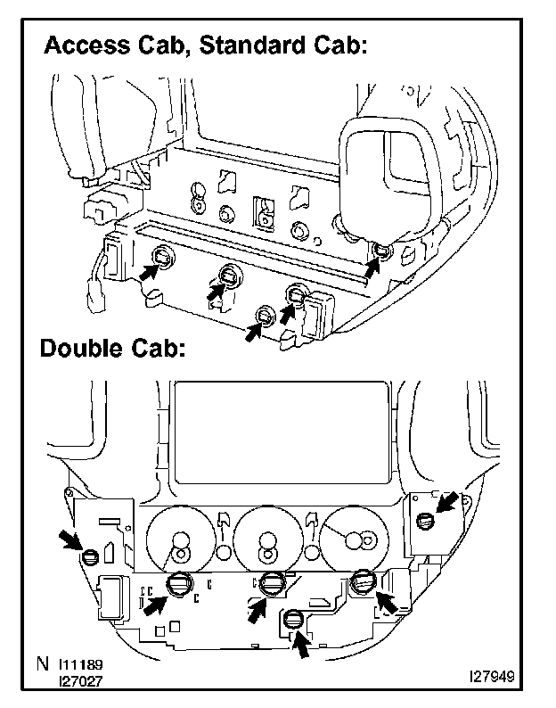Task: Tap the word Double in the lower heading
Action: click(x=81, y=348)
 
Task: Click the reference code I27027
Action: click(x=83, y=681)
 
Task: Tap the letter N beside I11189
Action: click(x=44, y=665)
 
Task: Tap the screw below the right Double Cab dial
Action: click(x=363, y=583)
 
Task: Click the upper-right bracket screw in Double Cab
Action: click(x=425, y=522)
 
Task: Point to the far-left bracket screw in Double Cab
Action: click(x=89, y=559)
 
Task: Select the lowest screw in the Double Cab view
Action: click(x=292, y=621)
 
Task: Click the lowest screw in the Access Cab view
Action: click(x=265, y=317)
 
